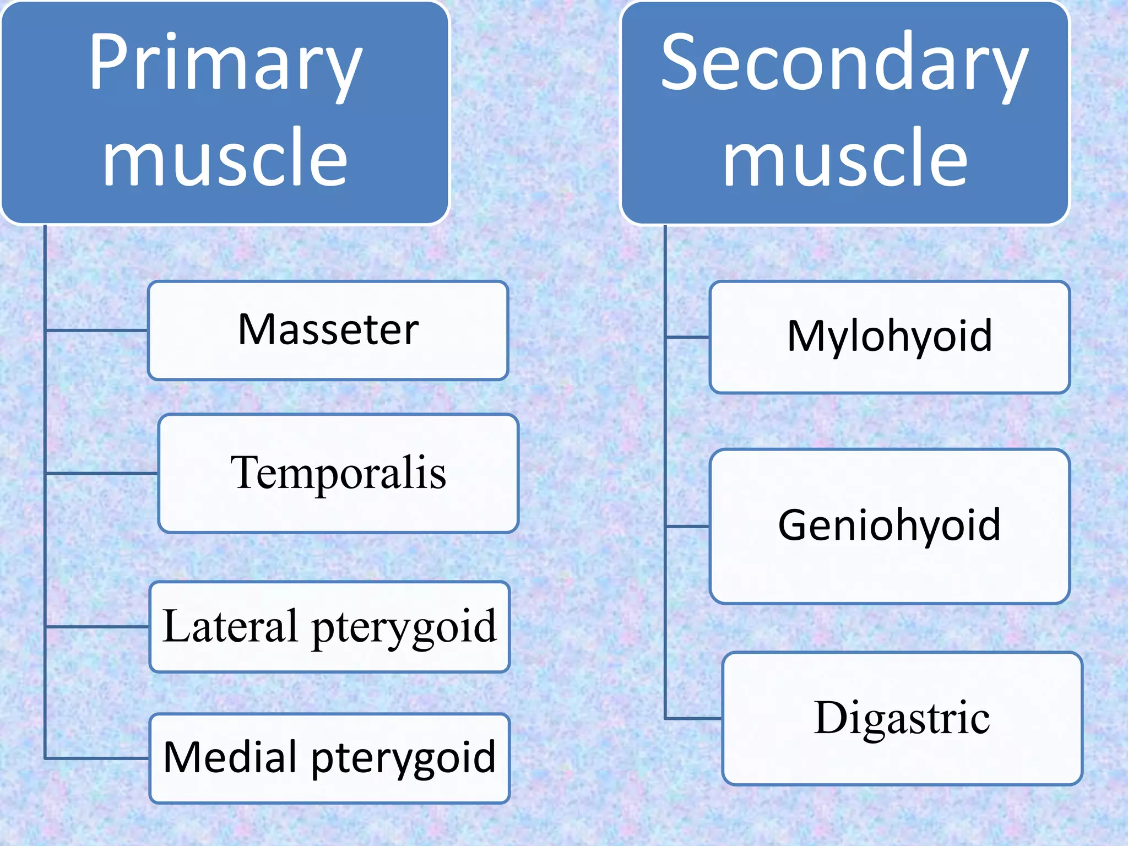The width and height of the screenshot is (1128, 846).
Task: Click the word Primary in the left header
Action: coord(226,63)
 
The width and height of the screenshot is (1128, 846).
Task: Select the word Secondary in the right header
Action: coord(844,63)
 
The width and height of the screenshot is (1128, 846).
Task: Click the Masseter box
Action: coord(328,330)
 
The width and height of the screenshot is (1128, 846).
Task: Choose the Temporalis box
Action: coord(338,474)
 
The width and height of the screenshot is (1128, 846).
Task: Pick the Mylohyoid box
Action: coord(890,337)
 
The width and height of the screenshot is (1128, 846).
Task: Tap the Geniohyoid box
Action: coord(890,526)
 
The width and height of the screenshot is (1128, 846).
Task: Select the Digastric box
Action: coord(902,718)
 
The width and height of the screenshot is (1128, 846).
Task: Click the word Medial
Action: coord(231,757)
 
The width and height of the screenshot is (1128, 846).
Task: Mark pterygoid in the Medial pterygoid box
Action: coord(404,759)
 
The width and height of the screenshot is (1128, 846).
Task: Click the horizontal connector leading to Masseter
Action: coord(97,330)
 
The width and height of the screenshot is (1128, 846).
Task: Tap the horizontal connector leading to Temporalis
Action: coord(102,473)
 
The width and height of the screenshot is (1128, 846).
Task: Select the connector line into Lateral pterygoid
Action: coord(97,627)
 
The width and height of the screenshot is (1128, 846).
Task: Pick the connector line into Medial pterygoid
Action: coord(97,758)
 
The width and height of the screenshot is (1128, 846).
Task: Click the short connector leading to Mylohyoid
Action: coord(687,337)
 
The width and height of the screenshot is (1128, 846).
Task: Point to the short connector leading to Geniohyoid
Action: coord(687,527)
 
